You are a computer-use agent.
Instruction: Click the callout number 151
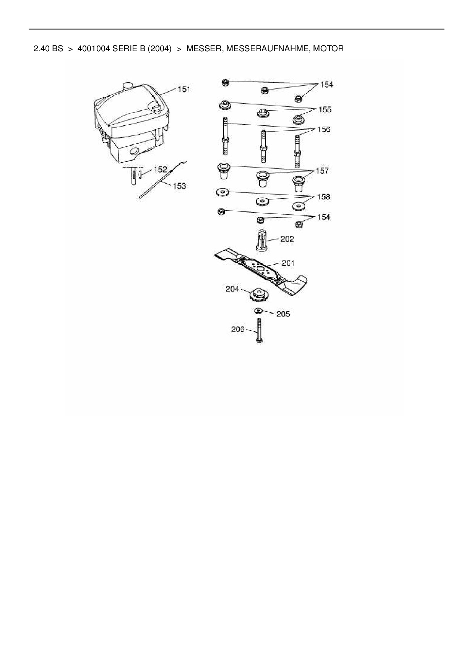click(184, 89)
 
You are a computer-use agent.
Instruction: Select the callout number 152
click(160, 169)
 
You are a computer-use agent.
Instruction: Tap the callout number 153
click(179, 186)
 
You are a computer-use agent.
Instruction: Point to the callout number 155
click(325, 109)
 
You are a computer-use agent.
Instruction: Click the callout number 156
click(323, 129)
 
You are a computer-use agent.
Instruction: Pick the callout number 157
click(322, 171)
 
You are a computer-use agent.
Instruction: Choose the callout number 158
click(323, 197)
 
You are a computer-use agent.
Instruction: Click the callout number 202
click(287, 239)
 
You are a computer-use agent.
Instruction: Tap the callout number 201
click(288, 263)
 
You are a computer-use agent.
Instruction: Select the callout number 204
click(232, 289)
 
